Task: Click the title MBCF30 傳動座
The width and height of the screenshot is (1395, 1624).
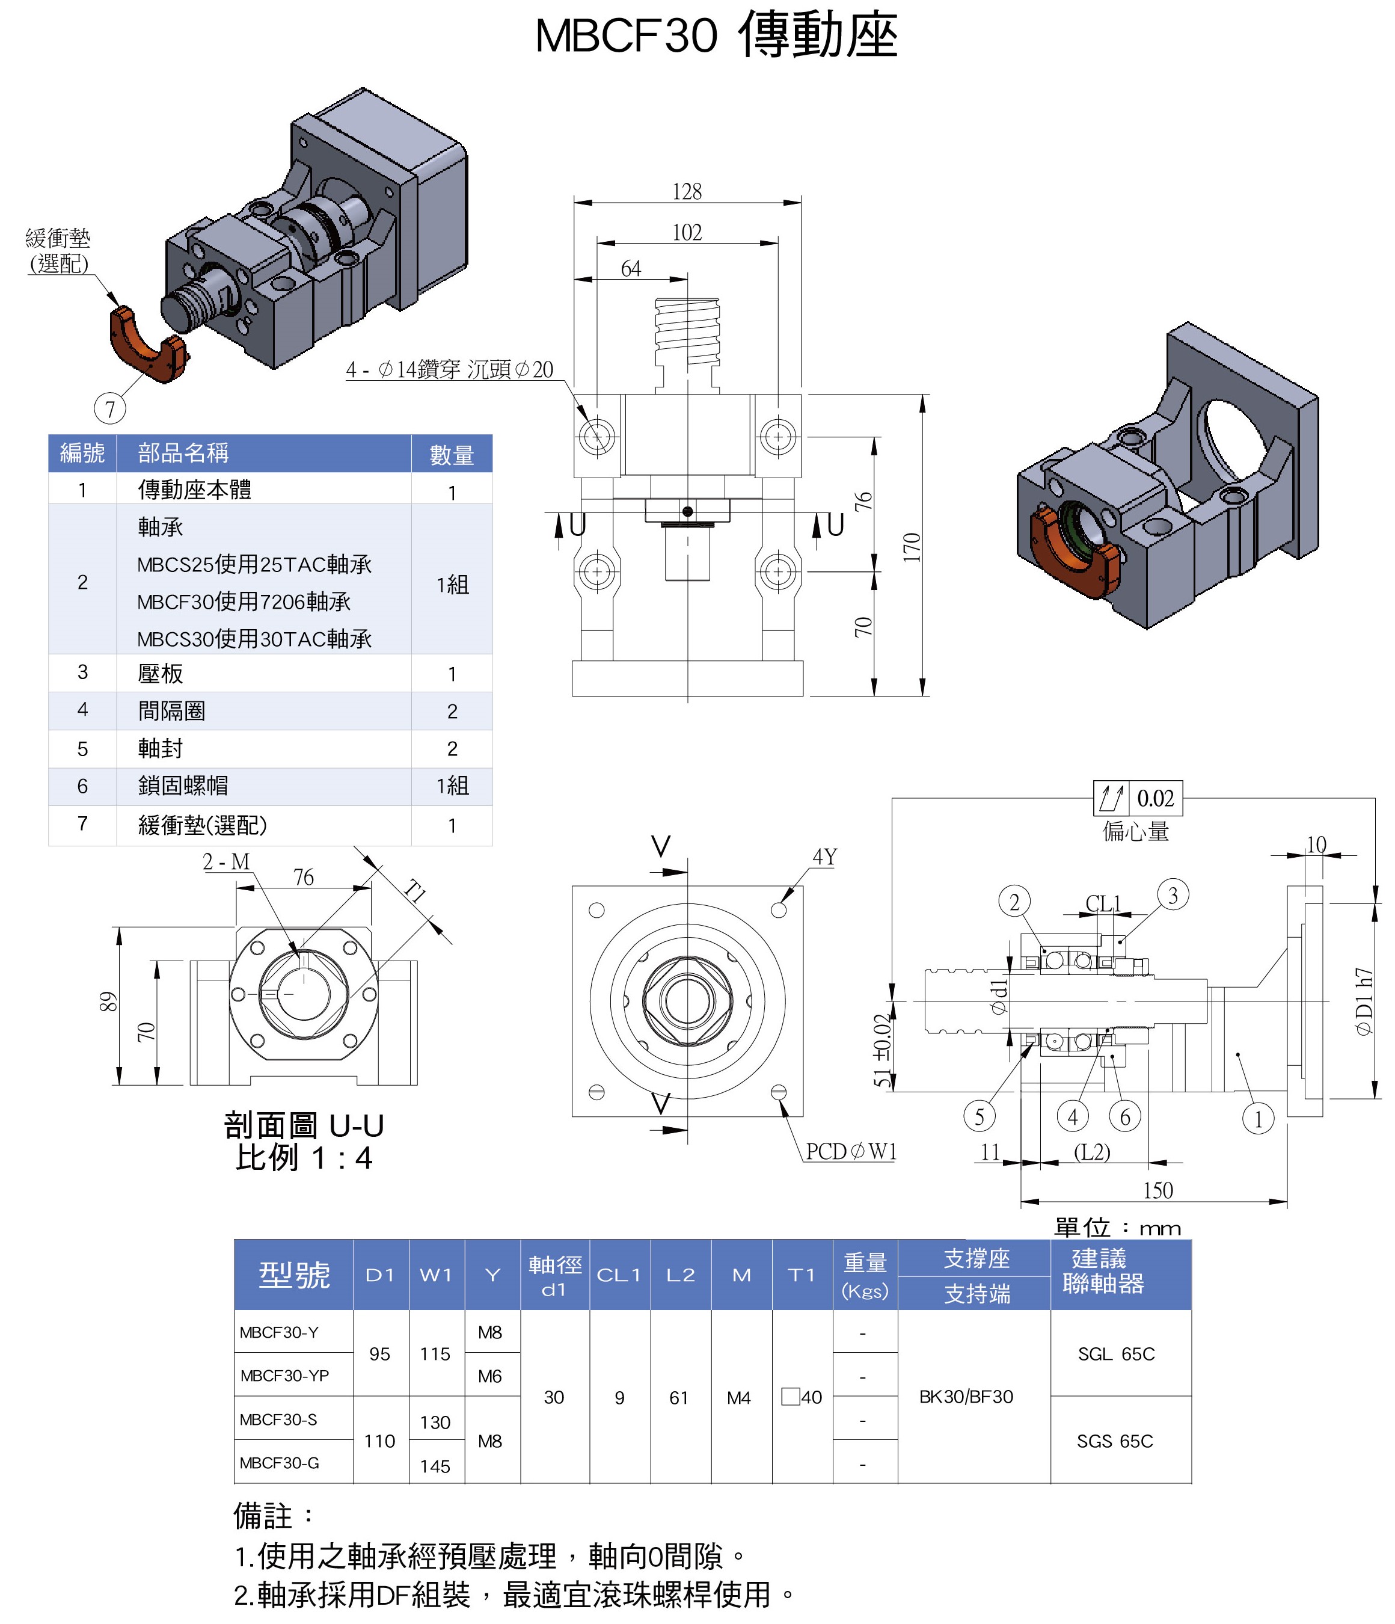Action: click(716, 35)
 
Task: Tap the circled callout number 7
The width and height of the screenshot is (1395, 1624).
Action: click(109, 408)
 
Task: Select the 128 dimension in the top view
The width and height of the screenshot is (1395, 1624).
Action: click(687, 191)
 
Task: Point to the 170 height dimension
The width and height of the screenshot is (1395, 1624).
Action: click(911, 547)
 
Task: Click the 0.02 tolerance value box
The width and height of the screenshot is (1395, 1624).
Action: click(1155, 799)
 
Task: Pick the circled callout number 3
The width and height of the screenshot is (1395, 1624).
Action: click(1173, 895)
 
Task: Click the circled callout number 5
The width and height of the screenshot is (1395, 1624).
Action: click(979, 1116)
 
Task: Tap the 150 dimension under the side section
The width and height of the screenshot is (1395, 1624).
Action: click(1157, 1190)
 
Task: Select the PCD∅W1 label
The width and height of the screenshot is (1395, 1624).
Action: click(851, 1151)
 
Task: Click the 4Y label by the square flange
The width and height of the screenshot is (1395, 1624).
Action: click(824, 857)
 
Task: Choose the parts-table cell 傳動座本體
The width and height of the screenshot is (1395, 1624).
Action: click(195, 490)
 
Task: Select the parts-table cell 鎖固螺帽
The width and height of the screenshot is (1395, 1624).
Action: click(183, 786)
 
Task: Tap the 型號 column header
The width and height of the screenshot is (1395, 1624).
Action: click(294, 1275)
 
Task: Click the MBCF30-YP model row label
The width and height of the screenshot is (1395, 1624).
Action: click(284, 1376)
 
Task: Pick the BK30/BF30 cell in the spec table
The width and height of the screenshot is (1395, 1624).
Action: click(966, 1397)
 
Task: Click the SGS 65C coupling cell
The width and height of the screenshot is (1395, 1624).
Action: click(1114, 1441)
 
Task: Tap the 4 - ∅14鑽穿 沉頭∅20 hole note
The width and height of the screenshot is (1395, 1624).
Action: click(450, 369)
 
